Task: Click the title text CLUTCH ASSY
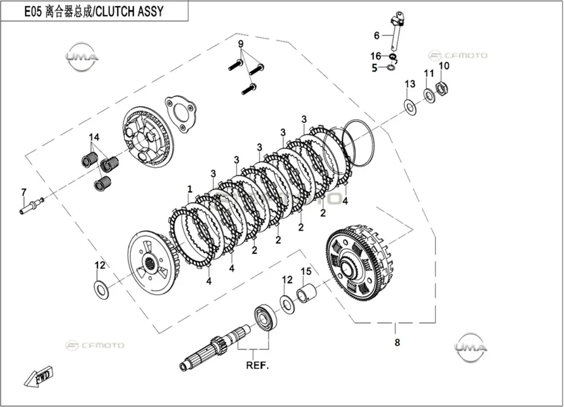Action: tap(130, 12)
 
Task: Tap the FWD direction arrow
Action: tap(38, 377)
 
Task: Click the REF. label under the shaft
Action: tap(258, 366)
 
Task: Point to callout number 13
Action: tap(410, 84)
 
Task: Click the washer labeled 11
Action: tap(429, 95)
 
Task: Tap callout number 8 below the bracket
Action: tap(397, 342)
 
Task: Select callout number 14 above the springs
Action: tap(94, 137)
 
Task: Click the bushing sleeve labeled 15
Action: tap(306, 292)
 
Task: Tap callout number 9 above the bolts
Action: tap(241, 44)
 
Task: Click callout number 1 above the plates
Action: tap(190, 189)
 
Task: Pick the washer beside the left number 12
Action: tap(102, 288)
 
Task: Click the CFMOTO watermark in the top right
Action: tap(457, 55)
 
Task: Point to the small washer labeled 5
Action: tap(391, 67)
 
